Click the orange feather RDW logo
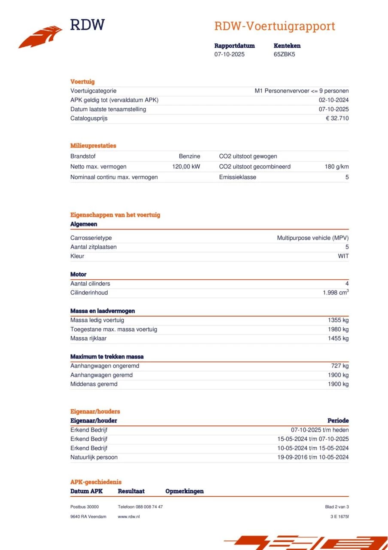[41, 37]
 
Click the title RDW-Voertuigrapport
[275, 26]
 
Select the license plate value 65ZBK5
[284, 55]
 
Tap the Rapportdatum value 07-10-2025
[230, 55]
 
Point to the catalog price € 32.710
[337, 119]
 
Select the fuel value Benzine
[189, 156]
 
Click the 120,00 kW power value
[186, 167]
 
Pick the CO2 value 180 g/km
[336, 167]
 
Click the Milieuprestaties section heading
[93, 146]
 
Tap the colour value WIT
[343, 256]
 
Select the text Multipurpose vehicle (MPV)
[312, 238]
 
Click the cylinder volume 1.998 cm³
[336, 293]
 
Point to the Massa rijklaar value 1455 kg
[338, 339]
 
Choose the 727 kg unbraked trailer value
[339, 366]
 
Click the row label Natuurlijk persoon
[94, 457]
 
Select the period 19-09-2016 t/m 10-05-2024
[313, 457]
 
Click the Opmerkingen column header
[185, 491]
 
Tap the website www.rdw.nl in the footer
[129, 516]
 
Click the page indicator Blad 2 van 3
[337, 507]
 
